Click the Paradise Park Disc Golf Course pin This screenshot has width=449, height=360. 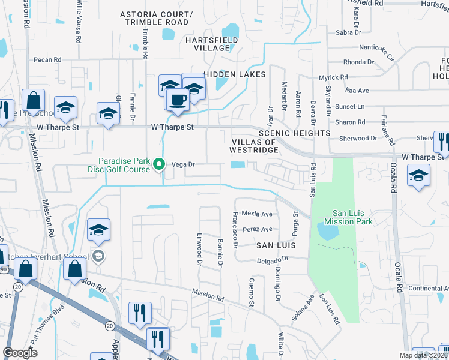159,164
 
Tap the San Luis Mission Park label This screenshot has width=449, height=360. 353,217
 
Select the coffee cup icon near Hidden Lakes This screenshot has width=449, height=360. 178,100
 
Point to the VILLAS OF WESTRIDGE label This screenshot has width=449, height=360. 254,146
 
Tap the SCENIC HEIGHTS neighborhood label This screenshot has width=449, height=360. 294,133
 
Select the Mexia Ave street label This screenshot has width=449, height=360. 257,214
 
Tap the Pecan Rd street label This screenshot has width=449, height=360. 48,60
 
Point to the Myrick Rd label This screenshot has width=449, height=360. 333,78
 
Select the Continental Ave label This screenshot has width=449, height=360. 429,289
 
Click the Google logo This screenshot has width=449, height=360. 20,352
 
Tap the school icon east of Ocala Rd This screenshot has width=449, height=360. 418,176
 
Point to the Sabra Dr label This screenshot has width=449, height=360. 348,32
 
